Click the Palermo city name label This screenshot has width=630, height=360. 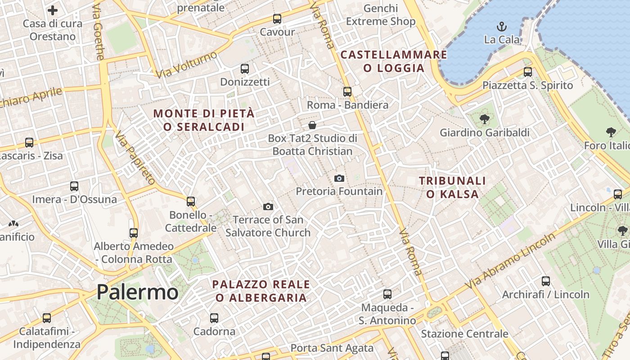(x=137, y=292)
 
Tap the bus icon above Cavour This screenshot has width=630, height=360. (x=277, y=19)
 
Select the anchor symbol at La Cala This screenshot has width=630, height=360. (x=501, y=27)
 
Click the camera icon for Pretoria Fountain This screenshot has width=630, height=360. (x=339, y=179)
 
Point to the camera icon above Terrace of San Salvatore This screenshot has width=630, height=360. (x=268, y=207)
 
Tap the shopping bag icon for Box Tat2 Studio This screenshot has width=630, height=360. (x=312, y=125)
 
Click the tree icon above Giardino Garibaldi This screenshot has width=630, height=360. (x=485, y=119)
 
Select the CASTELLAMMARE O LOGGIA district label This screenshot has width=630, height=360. (x=394, y=61)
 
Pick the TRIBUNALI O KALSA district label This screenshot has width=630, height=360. (x=452, y=187)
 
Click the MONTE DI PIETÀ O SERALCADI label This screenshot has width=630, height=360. (x=204, y=120)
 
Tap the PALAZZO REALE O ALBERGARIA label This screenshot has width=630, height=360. (x=261, y=291)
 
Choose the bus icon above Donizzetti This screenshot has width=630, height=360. (x=245, y=69)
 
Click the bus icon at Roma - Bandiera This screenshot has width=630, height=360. (x=347, y=92)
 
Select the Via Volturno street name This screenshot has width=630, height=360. (x=186, y=64)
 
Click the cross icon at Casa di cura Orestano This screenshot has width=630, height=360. (x=53, y=10)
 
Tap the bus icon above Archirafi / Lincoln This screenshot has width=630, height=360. (x=546, y=281)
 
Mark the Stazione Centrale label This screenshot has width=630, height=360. (x=464, y=334)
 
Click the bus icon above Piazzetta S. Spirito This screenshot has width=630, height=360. (x=528, y=72)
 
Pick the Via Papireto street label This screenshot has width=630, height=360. (x=135, y=157)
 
